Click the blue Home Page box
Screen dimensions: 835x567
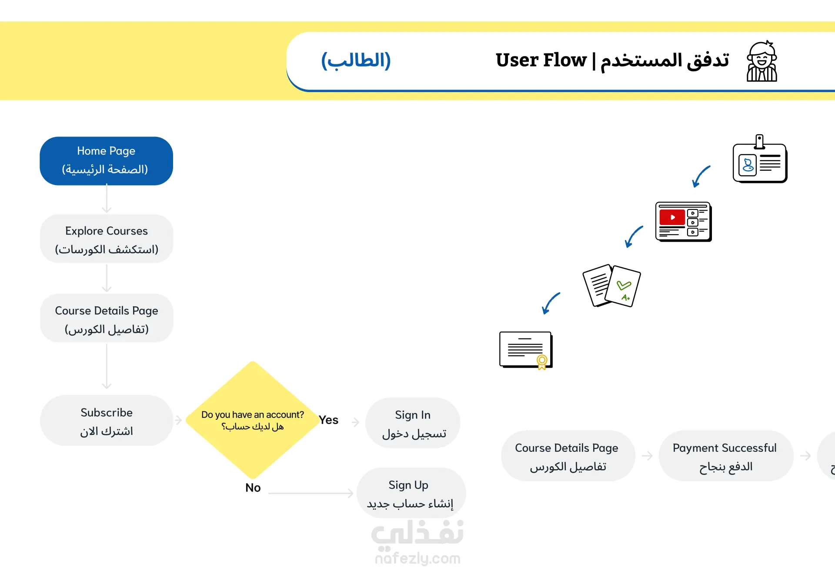point(106,161)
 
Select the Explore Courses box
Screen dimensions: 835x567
point(107,239)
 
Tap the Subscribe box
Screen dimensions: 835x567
point(107,421)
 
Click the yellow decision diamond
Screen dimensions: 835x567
point(252,420)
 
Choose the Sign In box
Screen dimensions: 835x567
point(413,423)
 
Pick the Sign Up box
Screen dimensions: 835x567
point(411,493)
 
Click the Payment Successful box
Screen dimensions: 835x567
point(725,456)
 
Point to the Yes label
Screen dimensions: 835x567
point(328,420)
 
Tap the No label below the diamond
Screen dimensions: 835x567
point(253,487)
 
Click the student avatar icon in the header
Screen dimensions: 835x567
point(762,61)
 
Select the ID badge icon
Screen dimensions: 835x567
point(760,159)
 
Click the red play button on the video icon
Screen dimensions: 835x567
point(672,217)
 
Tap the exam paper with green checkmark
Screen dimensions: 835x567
point(622,286)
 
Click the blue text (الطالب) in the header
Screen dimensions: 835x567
point(356,60)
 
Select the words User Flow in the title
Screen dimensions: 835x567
point(541,60)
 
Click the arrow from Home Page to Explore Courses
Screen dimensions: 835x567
point(107,199)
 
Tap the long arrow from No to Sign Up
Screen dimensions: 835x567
point(311,493)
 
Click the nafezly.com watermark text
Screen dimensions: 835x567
point(417,558)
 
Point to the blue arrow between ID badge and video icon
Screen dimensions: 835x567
point(701,176)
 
